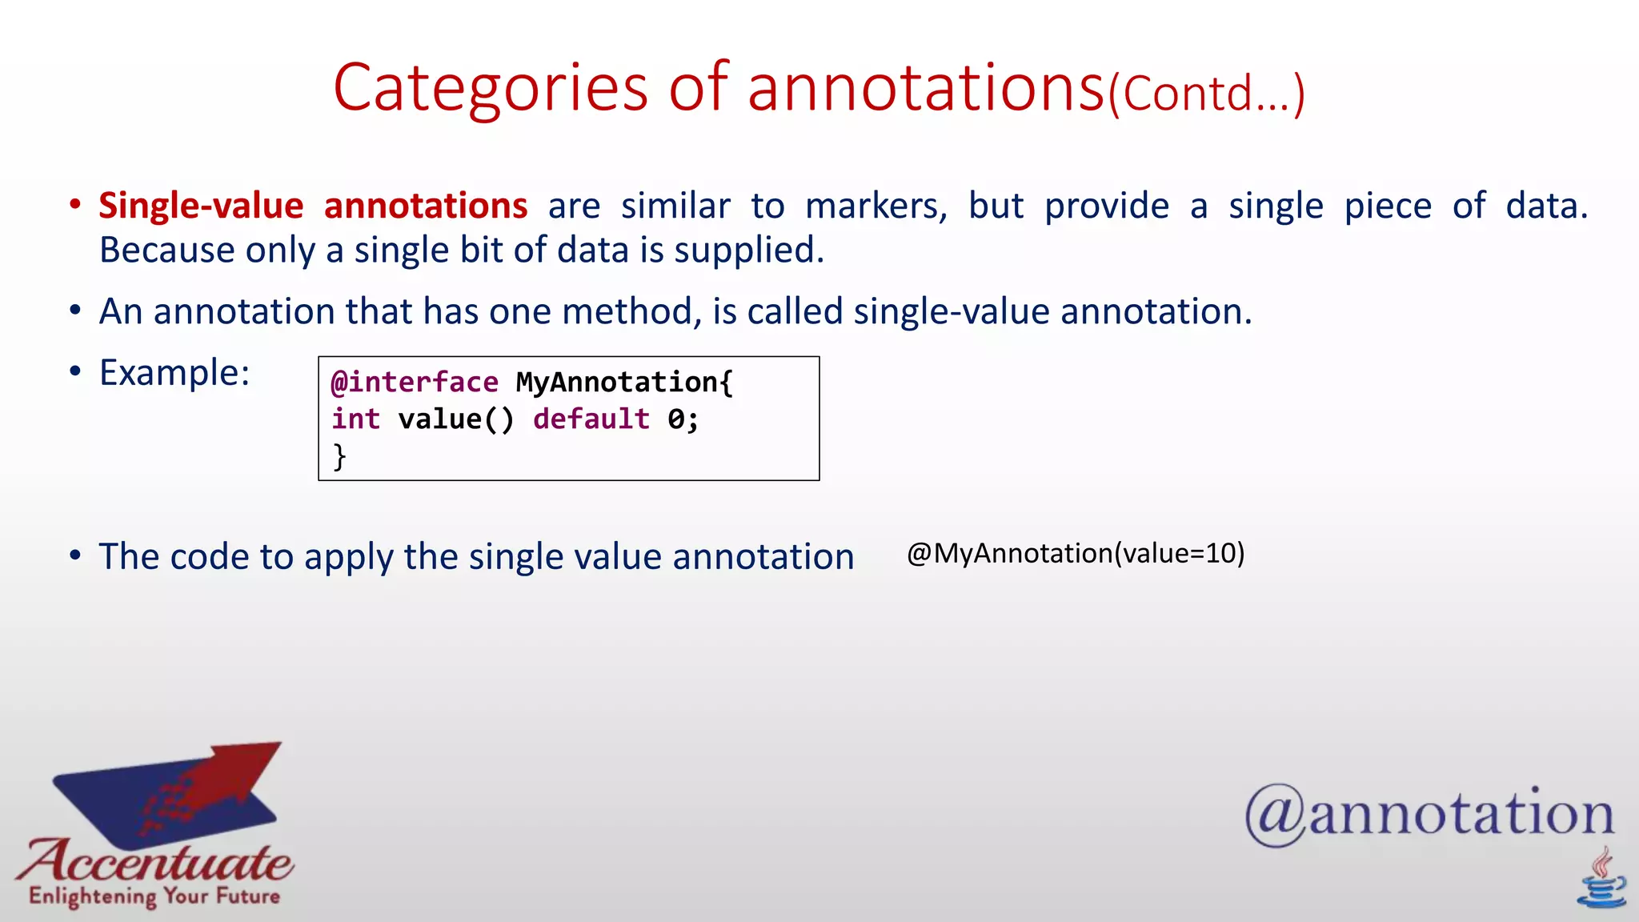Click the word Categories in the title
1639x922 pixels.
[x=490, y=88]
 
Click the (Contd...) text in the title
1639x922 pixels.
[x=1206, y=94]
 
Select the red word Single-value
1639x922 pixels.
[x=201, y=206]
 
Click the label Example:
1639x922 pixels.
[x=174, y=373]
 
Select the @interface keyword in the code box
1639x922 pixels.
[x=415, y=383]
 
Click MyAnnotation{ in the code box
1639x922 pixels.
[x=624, y=383]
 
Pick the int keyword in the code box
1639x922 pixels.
[x=355, y=419]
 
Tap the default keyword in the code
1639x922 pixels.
[x=591, y=419]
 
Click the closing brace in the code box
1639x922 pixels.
[x=339, y=457]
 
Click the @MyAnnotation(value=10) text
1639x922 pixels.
[x=1075, y=553]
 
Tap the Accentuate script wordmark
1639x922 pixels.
[x=156, y=861]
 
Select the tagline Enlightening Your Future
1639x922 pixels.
[x=154, y=896]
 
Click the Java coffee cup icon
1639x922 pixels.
[x=1601, y=880]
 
